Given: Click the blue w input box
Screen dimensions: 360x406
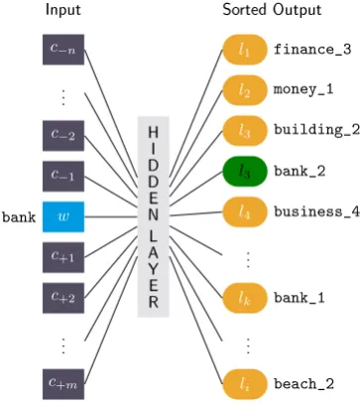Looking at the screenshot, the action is (63, 216).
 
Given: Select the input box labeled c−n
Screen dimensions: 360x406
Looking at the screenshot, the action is (63, 50).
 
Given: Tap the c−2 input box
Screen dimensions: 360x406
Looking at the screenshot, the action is (63, 136).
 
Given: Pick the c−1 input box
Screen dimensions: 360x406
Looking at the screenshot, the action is (63, 176).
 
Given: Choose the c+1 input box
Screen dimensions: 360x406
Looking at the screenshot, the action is (63, 257).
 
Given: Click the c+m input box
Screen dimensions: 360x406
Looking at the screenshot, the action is (63, 384).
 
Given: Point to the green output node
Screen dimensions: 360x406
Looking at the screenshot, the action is (245, 172).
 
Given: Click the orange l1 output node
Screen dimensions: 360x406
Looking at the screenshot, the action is (245, 50).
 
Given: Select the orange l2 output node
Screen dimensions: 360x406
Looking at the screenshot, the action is (245, 90).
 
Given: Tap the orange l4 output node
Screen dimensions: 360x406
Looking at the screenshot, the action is (245, 212).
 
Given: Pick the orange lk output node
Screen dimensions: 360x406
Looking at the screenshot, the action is (245, 298).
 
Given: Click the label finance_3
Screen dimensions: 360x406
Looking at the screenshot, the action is (312, 50).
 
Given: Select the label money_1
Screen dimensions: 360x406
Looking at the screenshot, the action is (303, 89).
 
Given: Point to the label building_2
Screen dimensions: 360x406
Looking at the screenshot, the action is (316, 130).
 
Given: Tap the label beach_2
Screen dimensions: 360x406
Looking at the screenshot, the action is (304, 384).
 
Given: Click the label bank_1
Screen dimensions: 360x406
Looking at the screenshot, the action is (300, 298).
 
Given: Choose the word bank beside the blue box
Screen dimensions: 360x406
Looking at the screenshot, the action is (19, 217).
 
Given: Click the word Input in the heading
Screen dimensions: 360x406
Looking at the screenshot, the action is (63, 10).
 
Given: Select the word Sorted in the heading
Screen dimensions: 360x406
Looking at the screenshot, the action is (246, 10).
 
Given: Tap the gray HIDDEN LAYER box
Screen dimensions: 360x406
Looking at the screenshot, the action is (154, 216).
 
